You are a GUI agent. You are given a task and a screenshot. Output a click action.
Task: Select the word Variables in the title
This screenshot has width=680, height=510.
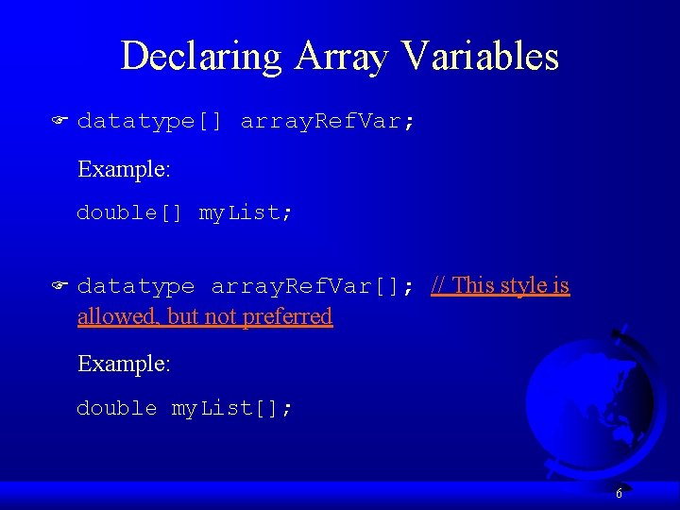(479, 57)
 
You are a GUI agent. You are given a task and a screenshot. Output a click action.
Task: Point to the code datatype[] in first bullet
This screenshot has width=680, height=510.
(149, 121)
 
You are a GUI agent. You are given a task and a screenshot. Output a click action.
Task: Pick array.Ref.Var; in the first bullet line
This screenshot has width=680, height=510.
(327, 121)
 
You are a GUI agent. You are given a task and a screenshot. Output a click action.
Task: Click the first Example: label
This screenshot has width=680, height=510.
(124, 169)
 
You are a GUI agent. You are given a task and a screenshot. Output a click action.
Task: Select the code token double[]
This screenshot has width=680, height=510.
(129, 212)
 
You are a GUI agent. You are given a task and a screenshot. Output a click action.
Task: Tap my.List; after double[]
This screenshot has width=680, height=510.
(246, 212)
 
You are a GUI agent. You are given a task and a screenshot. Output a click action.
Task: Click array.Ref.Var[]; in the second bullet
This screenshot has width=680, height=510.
(313, 285)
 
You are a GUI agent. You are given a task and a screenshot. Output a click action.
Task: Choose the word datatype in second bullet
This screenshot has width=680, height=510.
(136, 285)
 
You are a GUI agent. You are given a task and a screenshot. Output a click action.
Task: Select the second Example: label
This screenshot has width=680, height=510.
(124, 364)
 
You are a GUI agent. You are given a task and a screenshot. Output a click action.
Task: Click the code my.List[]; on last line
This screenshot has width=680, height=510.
(231, 408)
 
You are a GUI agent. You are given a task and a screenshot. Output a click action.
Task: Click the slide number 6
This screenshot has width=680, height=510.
(619, 493)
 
